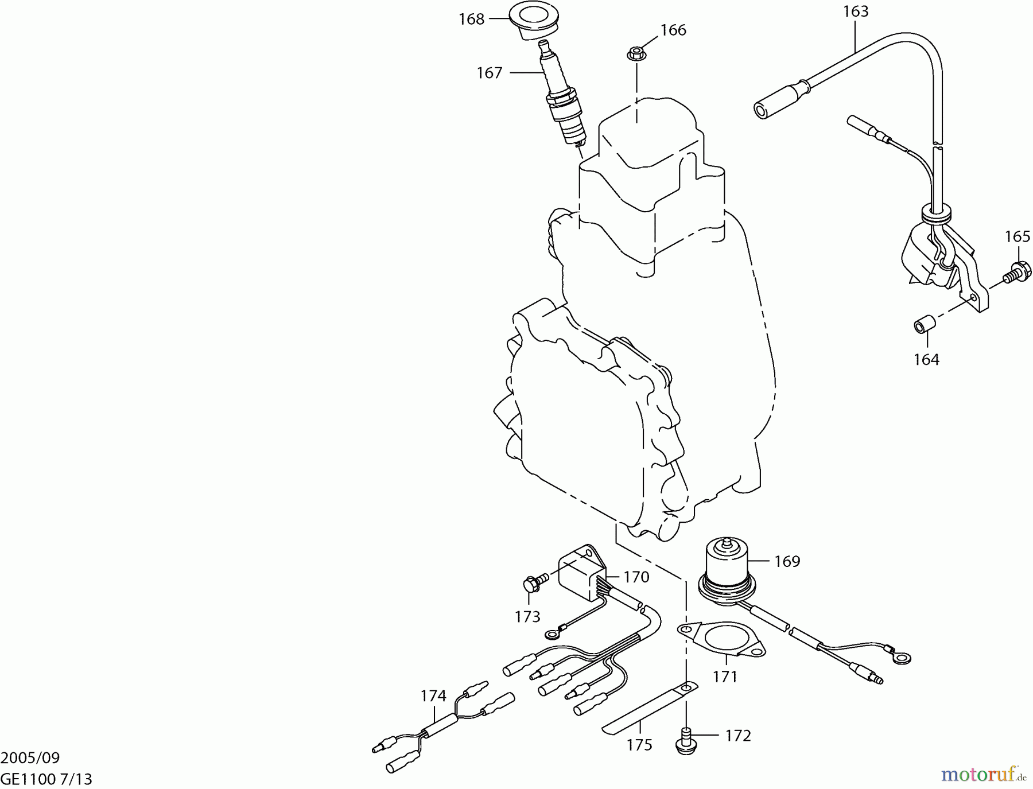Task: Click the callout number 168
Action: point(471,19)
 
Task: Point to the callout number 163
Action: point(856,11)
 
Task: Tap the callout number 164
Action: point(926,360)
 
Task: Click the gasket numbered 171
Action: point(722,640)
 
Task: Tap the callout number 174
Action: point(433,696)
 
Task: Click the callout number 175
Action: point(639,745)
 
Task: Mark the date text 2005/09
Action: point(30,758)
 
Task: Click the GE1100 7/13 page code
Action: point(46,779)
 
